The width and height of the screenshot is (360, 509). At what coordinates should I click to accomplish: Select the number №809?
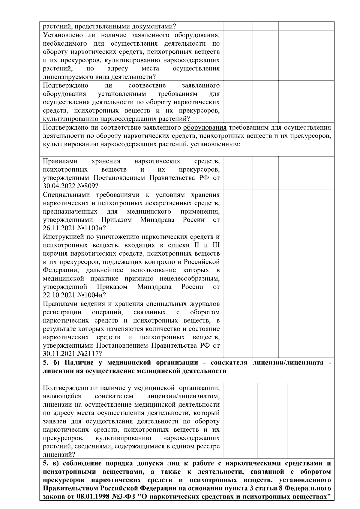[x=88, y=186]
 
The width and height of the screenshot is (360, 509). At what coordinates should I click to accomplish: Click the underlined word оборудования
[x=205, y=127]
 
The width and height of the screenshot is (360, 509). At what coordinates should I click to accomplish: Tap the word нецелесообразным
[x=190, y=279]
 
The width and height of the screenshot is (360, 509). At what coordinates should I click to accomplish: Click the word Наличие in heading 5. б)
[x=80, y=363]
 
